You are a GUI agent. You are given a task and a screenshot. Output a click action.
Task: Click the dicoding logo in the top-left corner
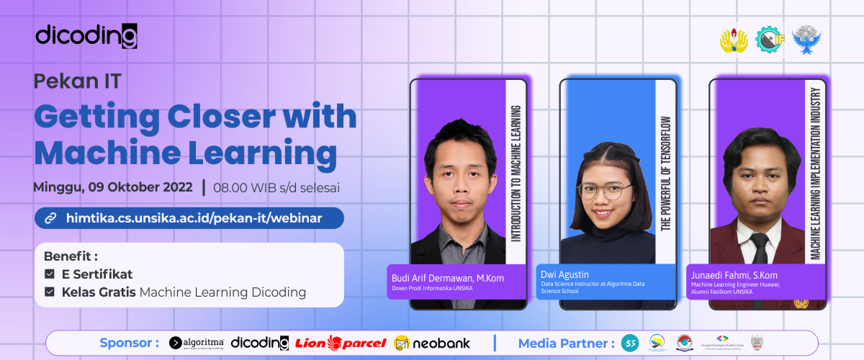click(86, 35)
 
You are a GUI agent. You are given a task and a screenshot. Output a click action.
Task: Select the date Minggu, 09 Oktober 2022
click(113, 187)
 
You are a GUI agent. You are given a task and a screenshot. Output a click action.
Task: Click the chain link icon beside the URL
click(50, 217)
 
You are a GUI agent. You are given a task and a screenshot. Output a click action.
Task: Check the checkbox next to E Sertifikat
click(50, 274)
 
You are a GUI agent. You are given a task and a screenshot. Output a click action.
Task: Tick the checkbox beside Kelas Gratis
click(50, 292)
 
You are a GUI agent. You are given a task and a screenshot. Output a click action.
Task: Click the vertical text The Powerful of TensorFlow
click(665, 173)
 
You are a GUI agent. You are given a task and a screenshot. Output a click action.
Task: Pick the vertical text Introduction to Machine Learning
click(516, 173)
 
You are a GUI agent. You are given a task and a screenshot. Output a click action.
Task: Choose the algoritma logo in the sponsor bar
click(197, 343)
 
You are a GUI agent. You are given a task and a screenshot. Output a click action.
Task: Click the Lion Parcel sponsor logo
click(341, 343)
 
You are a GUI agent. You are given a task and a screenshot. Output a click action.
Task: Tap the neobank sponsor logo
click(433, 343)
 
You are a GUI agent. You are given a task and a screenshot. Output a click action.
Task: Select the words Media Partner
click(566, 343)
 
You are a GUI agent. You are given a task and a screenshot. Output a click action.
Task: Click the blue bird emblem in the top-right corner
click(807, 40)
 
